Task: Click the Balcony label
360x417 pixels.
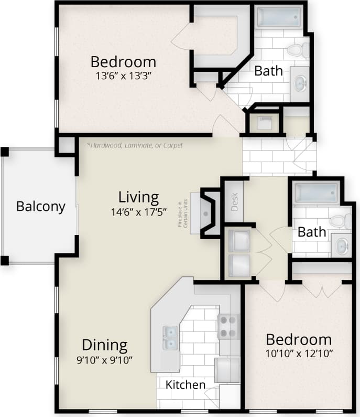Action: click(41, 206)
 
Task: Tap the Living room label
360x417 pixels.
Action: click(138, 197)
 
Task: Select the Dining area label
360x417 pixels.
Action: click(104, 345)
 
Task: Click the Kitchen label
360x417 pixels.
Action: click(186, 384)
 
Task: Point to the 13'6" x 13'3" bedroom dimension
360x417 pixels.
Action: click(123, 75)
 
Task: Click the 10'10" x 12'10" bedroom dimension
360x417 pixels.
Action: click(299, 352)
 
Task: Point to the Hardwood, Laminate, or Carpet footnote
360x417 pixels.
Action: click(135, 145)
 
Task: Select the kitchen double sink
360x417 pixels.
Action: click(170, 337)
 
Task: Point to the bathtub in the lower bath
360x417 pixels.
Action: click(316, 193)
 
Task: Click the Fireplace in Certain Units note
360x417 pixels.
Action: click(182, 213)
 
